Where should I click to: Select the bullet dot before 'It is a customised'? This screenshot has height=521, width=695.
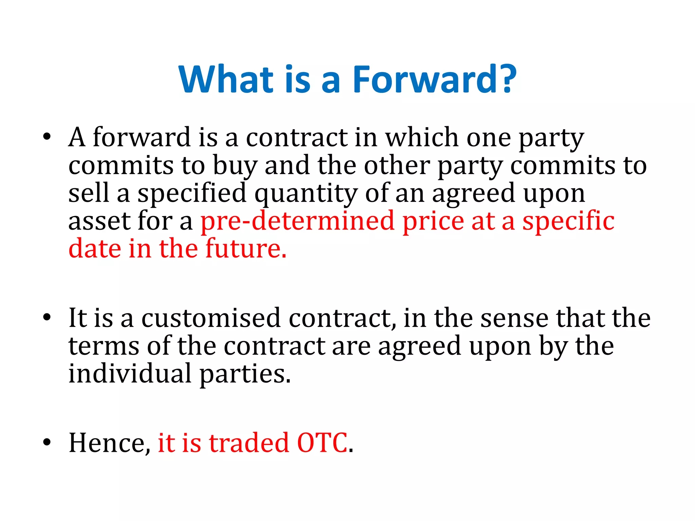point(47,318)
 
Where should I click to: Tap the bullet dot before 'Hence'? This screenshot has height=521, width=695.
point(47,442)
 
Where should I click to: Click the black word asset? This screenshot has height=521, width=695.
point(99,221)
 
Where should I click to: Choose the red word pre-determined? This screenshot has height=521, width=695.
point(298,221)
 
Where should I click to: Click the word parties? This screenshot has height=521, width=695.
point(245,374)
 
